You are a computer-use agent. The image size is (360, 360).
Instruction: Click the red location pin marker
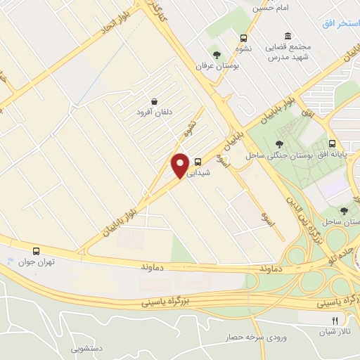point(180,165)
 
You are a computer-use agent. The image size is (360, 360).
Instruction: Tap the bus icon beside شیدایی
point(198,160)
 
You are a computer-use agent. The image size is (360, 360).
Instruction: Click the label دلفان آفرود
point(153,112)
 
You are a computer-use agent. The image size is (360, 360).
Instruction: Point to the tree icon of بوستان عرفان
point(217,54)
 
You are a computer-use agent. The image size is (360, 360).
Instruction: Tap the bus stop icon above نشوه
point(243,39)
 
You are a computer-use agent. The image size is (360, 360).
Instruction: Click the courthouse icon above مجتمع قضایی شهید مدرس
point(288,37)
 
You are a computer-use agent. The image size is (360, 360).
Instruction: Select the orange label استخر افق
point(340,24)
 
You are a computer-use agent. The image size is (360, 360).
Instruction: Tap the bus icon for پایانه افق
point(332,141)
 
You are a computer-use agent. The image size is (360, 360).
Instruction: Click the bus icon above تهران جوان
point(36,250)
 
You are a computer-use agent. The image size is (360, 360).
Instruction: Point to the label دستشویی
point(85,347)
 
